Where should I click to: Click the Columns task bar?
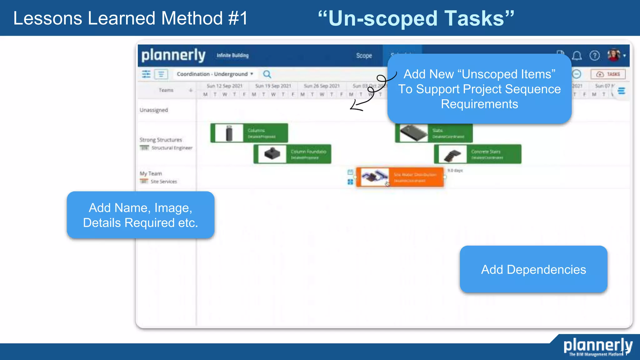click(249, 133)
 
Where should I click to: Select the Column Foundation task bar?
click(292, 154)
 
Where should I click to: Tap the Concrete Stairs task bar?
click(477, 154)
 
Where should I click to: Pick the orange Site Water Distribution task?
click(400, 177)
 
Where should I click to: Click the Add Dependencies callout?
click(533, 269)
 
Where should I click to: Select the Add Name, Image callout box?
click(141, 215)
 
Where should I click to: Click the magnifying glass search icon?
click(267, 74)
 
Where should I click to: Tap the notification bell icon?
click(577, 56)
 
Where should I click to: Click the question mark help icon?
click(594, 56)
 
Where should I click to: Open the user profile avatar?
click(614, 55)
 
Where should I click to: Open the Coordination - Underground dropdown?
click(215, 74)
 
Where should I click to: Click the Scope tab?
click(364, 56)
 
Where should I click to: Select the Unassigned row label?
click(154, 110)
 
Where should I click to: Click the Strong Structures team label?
click(161, 140)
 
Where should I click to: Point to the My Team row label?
click(151, 173)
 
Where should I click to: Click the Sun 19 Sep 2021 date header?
click(273, 86)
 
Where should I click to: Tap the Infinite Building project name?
click(233, 55)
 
